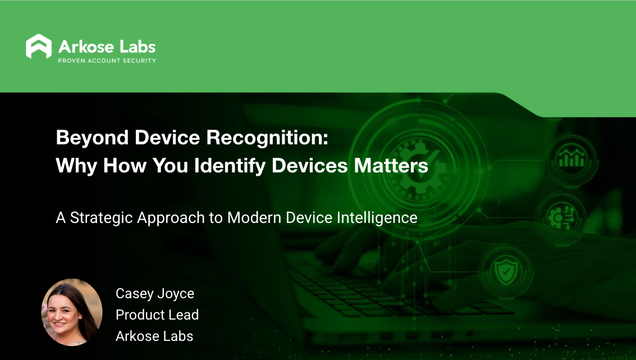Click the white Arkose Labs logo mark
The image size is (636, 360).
(x=39, y=47)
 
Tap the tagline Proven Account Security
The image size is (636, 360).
(x=107, y=61)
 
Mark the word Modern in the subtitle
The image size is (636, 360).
(x=255, y=218)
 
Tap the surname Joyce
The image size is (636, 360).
(x=176, y=293)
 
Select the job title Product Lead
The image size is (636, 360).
(x=157, y=315)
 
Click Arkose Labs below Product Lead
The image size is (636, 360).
(x=154, y=336)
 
